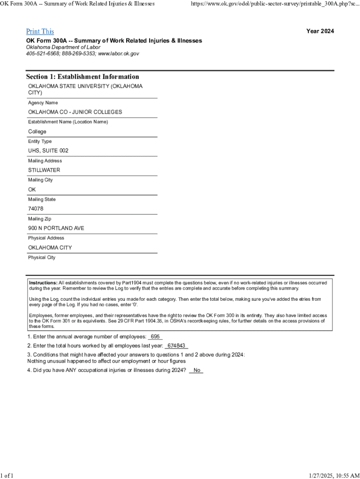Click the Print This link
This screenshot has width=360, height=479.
tap(40, 31)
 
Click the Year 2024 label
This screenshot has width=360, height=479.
tap(320, 31)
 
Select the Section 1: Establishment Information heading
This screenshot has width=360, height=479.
tap(82, 77)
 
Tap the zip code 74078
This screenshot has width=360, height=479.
tap(36, 209)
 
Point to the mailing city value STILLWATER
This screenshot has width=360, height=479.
tap(44, 170)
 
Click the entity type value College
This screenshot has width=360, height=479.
tap(37, 131)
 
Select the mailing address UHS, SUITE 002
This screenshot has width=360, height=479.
tap(48, 151)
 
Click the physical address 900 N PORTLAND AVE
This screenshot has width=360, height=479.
tap(56, 228)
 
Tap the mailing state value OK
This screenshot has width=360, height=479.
tap(32, 189)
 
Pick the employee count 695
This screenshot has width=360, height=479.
tap(155, 337)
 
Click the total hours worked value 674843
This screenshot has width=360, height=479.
tap(176, 346)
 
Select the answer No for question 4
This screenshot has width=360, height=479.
tap(197, 370)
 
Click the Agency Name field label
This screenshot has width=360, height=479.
tap(43, 102)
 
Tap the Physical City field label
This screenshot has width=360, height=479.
tap(42, 257)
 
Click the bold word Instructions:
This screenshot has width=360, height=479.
tap(43, 283)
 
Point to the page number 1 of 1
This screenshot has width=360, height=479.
tap(7, 475)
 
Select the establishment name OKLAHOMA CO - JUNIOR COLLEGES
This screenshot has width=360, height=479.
tap(75, 112)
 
